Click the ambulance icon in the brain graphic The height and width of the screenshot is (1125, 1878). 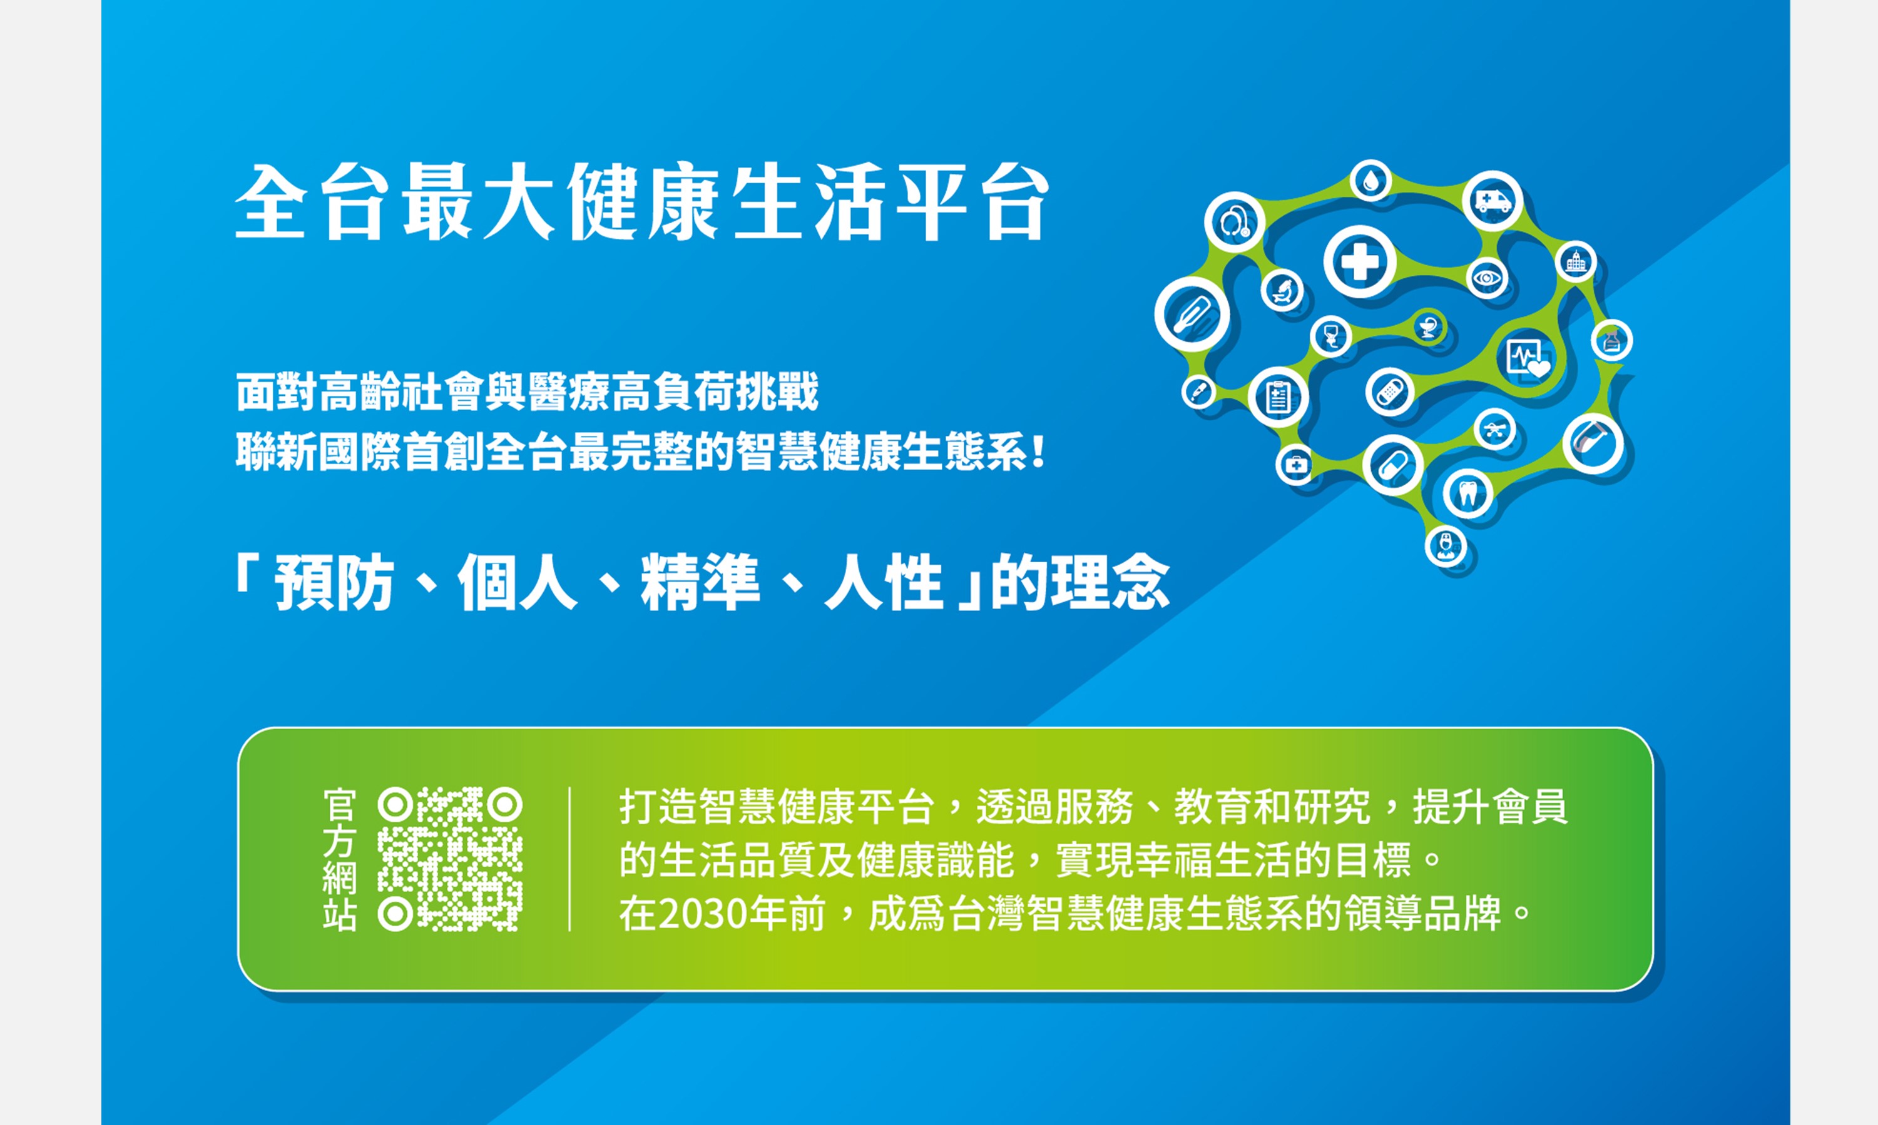(1492, 201)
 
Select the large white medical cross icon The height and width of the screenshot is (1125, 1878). (1360, 261)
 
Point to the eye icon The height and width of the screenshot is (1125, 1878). (1487, 278)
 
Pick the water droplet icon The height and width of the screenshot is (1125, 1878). (1370, 181)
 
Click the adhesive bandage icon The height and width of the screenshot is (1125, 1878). (1389, 392)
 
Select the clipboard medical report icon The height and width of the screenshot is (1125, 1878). (1278, 397)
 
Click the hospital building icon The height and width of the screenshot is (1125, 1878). (1576, 262)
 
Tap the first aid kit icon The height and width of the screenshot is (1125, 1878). (1295, 464)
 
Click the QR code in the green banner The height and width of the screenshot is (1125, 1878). (450, 859)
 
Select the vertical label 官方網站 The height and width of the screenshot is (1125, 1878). (339, 859)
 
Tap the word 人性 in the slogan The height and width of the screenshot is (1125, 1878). (884, 582)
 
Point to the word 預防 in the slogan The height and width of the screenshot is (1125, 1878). (334, 582)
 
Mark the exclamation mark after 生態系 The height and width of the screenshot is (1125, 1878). (1038, 453)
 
